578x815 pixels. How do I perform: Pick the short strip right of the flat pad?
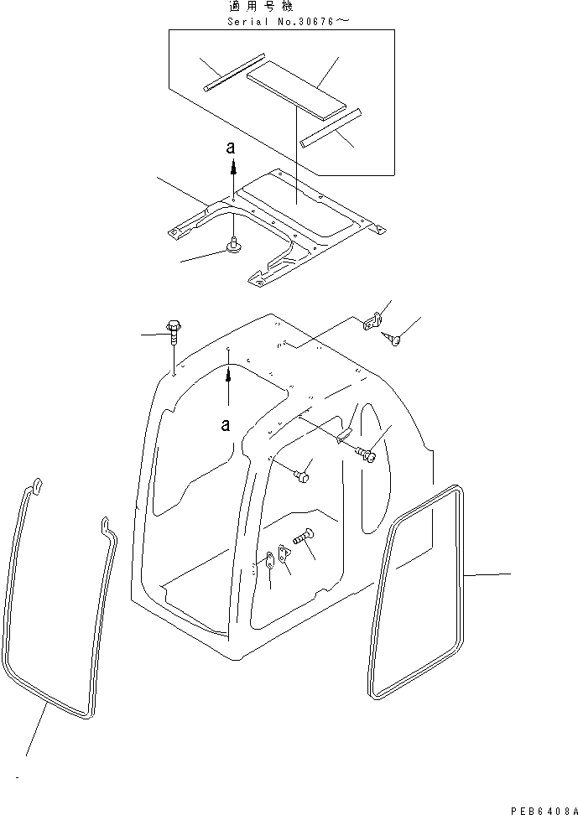(331, 127)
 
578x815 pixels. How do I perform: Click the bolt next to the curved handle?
(367, 454)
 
